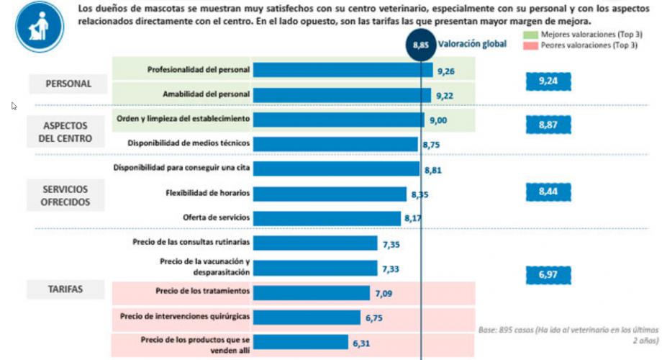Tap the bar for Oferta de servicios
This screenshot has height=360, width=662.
327,218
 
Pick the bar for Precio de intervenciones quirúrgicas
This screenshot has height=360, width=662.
307,318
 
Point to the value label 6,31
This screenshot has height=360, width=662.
363,343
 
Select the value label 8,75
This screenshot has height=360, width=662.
432,145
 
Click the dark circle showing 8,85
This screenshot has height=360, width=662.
421,44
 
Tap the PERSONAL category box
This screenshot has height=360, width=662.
68,84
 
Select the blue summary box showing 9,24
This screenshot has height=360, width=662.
548,81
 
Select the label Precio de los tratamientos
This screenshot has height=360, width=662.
202,291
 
